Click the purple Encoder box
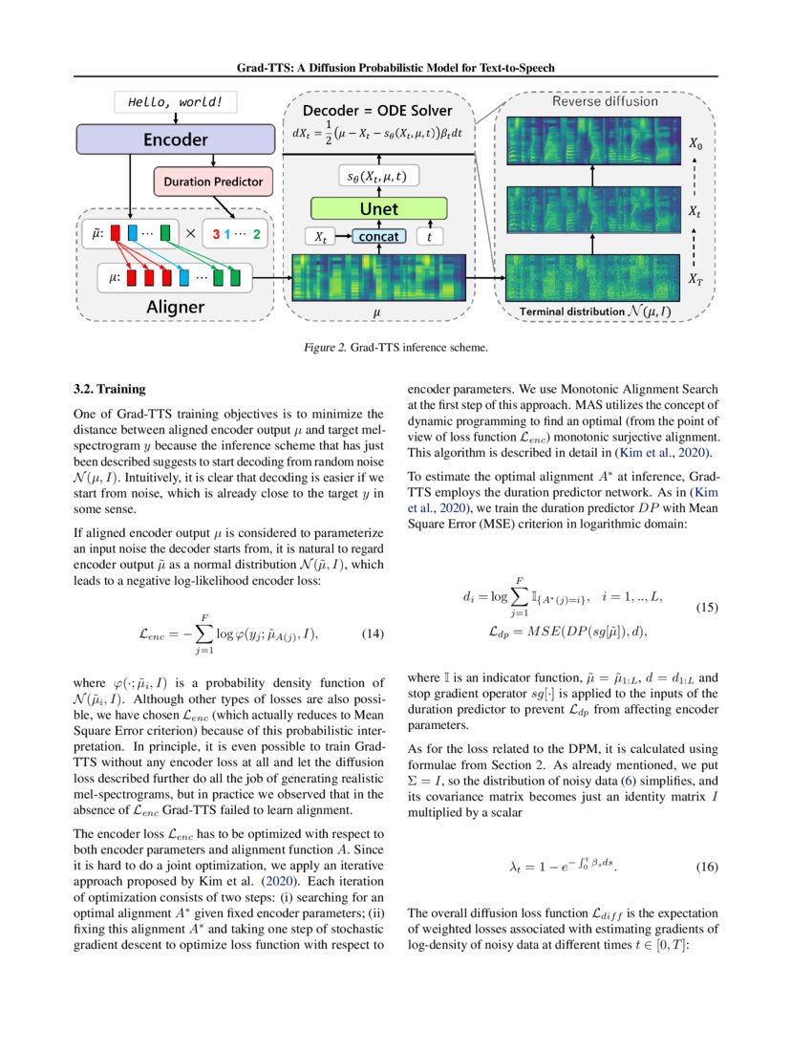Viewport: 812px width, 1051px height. (176, 140)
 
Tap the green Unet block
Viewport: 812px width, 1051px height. (378, 208)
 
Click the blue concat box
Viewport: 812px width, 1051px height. (377, 236)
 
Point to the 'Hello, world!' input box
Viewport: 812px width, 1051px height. (175, 101)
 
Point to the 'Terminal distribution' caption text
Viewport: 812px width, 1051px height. (569, 311)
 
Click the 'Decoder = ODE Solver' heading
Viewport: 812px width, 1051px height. (377, 111)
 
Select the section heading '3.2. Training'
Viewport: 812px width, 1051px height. (110, 390)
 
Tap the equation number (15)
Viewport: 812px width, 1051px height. (706, 608)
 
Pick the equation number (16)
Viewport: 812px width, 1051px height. (706, 869)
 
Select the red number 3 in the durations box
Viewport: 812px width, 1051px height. (217, 233)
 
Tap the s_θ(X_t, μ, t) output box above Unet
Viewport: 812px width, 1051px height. (378, 176)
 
